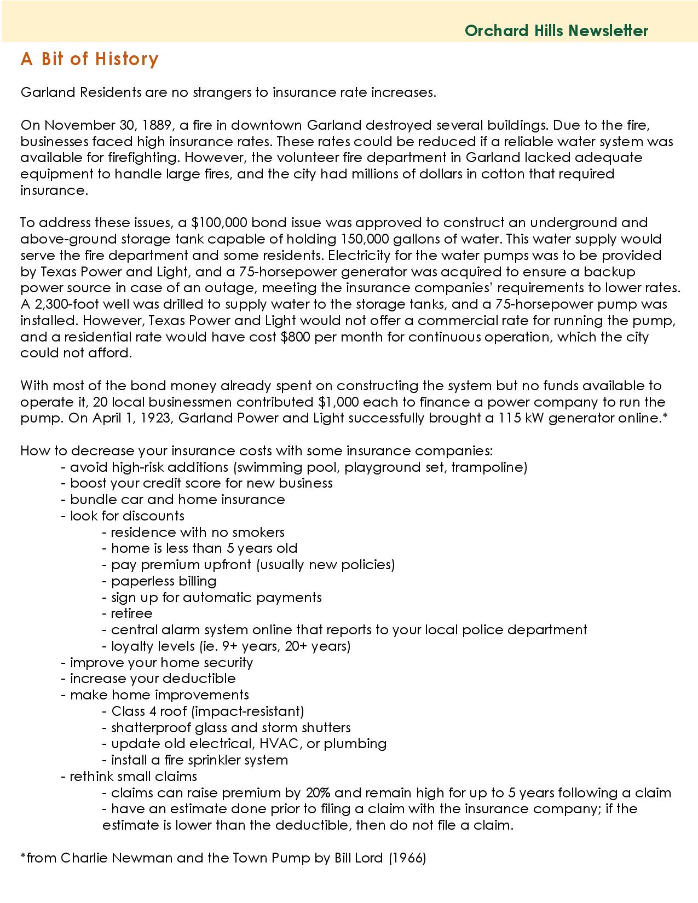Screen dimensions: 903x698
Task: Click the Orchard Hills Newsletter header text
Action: [x=556, y=31]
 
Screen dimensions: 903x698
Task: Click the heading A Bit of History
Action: [x=90, y=59]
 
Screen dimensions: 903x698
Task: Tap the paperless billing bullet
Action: [x=164, y=581]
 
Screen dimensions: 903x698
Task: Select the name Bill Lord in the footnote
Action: [x=358, y=858]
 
